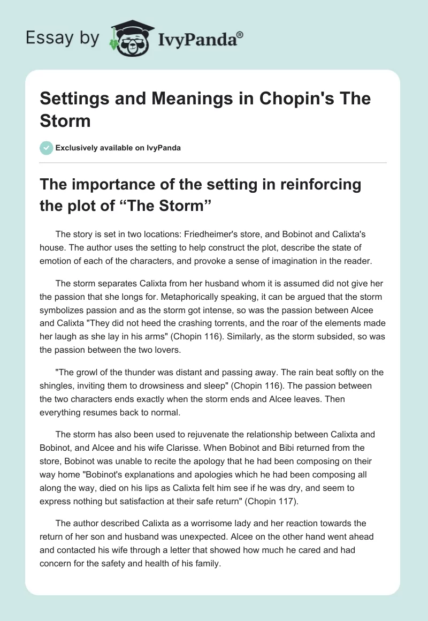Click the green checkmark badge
(x=47, y=148)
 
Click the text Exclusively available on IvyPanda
(x=118, y=148)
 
